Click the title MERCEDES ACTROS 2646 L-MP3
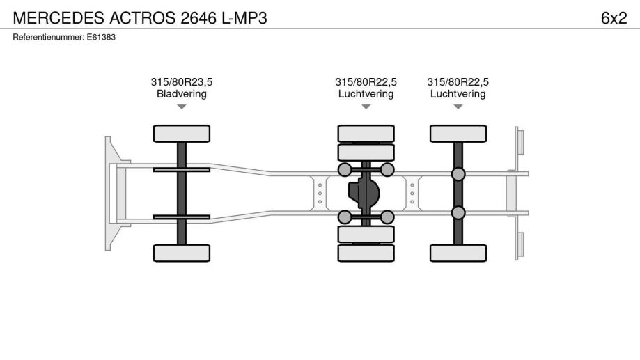point(140,18)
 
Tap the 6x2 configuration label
point(614,18)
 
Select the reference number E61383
point(64,38)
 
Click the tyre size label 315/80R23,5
point(181,82)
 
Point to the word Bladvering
point(181,94)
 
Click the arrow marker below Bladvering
point(181,107)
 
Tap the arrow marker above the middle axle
point(366,107)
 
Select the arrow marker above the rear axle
point(458,107)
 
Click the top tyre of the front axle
point(181,133)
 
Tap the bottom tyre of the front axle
point(181,253)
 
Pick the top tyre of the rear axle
point(458,133)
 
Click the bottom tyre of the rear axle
point(458,253)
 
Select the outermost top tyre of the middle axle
point(366,133)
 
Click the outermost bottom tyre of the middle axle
point(366,253)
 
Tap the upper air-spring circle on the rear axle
point(458,173)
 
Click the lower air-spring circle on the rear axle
point(458,212)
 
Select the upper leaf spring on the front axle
point(181,169)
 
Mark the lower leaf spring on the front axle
point(181,217)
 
